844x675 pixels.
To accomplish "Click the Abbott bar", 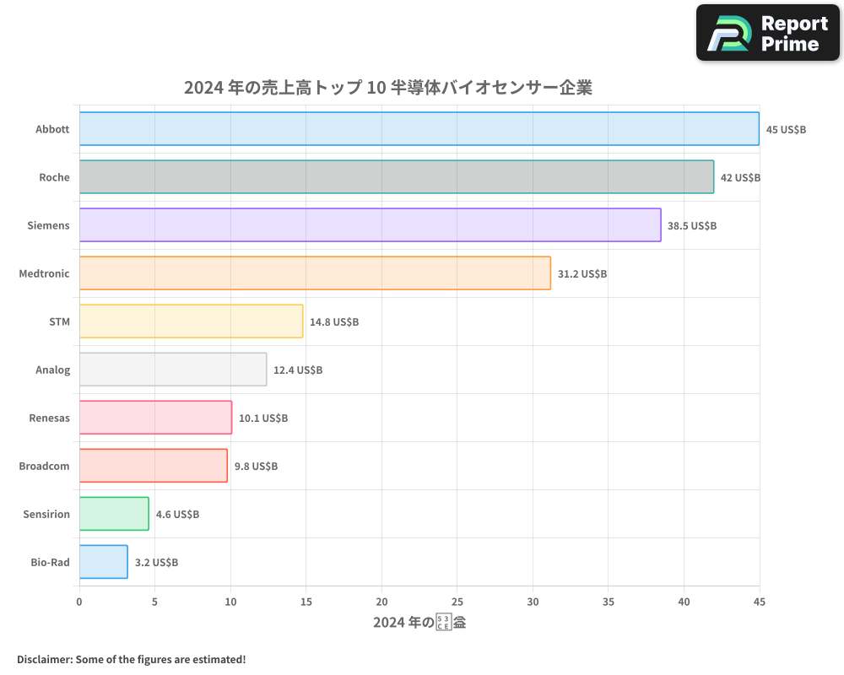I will click(419, 129).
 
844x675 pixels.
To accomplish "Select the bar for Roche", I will click(397, 177).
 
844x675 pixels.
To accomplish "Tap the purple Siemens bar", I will click(371, 225).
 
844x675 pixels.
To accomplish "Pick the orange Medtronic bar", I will click(315, 273).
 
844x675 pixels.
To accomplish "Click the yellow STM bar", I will click(191, 321).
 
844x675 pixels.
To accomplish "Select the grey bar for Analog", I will click(173, 370).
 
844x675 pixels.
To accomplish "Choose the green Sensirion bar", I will click(114, 514).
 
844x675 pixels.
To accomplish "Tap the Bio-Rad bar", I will click(104, 562).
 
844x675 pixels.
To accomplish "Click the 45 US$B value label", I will click(786, 130).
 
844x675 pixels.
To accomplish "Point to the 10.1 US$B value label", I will click(263, 418).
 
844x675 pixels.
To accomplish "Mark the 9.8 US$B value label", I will click(256, 467).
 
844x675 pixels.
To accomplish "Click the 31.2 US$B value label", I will click(582, 274).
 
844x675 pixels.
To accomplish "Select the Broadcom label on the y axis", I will click(45, 466).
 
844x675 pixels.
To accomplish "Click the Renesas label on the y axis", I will click(49, 418).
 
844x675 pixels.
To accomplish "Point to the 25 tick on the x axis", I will click(457, 602).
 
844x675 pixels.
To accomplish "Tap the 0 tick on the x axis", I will click(79, 602).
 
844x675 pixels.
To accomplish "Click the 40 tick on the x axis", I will click(684, 602).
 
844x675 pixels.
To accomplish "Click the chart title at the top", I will click(388, 88).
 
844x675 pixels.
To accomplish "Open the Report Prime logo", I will click(767, 33).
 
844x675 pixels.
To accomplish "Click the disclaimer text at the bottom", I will click(131, 659).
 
